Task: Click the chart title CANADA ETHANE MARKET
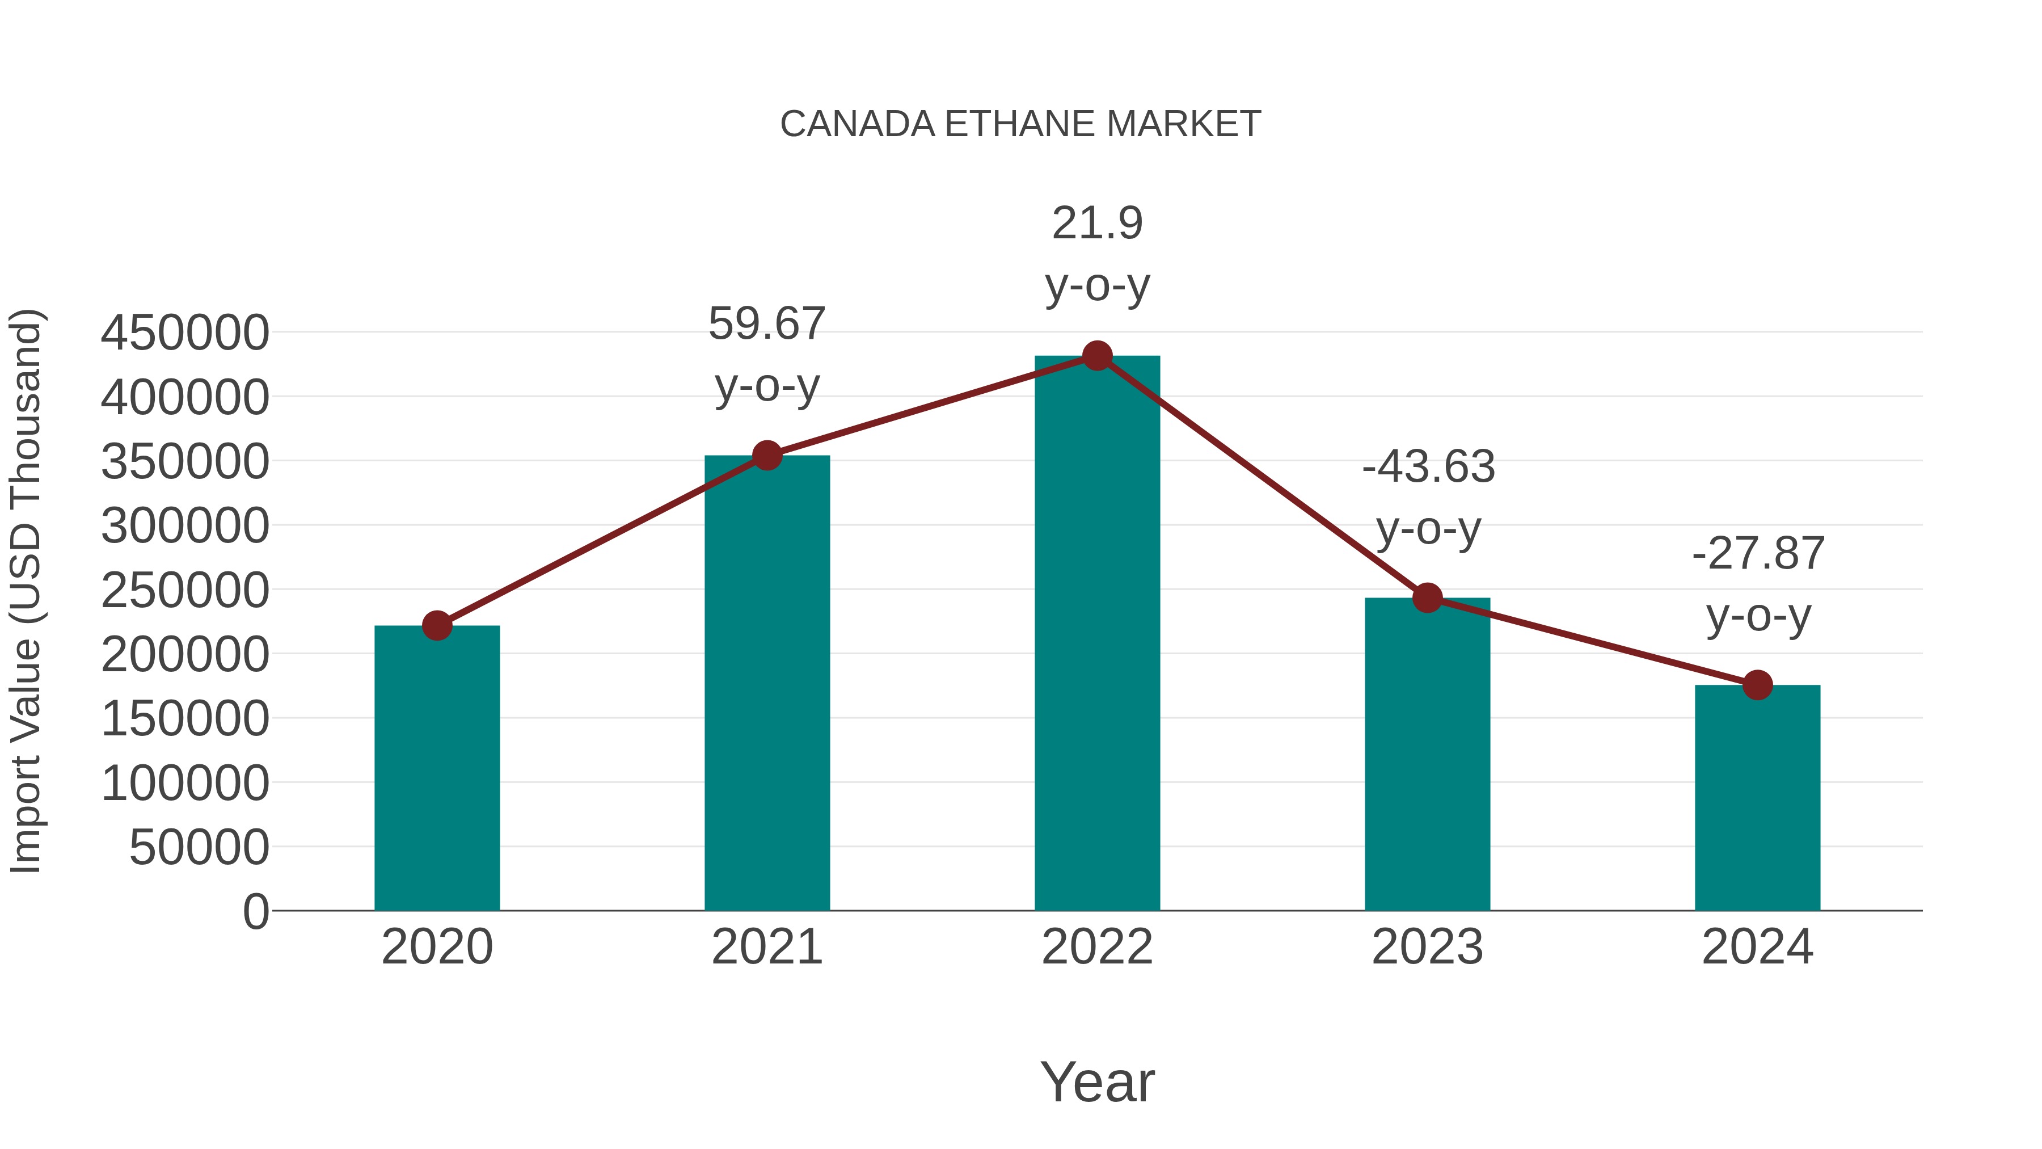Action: pyautogui.click(x=1020, y=124)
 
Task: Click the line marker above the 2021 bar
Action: pyautogui.click(x=766, y=455)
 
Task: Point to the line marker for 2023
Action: pyautogui.click(x=1427, y=598)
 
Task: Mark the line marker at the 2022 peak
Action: pyautogui.click(x=1097, y=356)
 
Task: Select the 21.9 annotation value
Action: pyautogui.click(x=1097, y=223)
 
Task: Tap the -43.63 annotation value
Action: pyautogui.click(x=1428, y=466)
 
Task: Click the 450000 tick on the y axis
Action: pyautogui.click(x=185, y=333)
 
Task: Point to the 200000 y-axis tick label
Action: pyautogui.click(x=185, y=654)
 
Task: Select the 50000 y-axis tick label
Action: pyautogui.click(x=199, y=847)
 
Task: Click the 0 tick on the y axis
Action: pyautogui.click(x=255, y=911)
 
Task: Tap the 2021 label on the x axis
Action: pyautogui.click(x=766, y=947)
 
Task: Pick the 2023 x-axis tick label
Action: pyautogui.click(x=1427, y=947)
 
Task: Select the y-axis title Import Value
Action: pyautogui.click(x=26, y=591)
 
